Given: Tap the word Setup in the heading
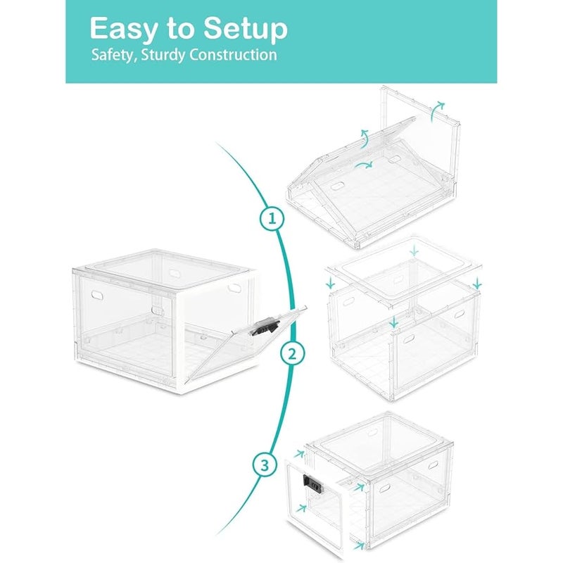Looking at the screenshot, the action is [246, 30].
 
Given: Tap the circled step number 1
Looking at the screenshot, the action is [272, 218].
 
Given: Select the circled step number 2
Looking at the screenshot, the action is [293, 354].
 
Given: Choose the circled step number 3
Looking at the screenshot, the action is [265, 465].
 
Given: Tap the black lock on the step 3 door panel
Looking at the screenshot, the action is [313, 483].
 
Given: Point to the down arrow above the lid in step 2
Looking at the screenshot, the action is [415, 250].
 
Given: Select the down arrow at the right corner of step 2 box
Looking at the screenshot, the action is [477, 284].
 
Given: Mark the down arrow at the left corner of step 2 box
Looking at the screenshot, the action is [330, 282].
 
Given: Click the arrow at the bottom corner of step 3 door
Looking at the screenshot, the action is [358, 545].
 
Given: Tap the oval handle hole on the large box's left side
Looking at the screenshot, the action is [97, 295].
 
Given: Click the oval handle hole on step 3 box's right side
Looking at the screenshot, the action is [433, 465].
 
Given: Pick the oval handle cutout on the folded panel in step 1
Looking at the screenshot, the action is [338, 186].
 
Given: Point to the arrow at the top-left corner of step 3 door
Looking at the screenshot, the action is [298, 454].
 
